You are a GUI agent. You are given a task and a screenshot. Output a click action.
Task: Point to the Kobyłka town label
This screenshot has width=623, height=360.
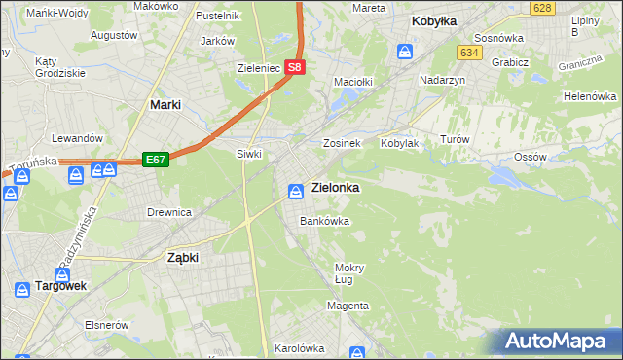(x=434, y=19)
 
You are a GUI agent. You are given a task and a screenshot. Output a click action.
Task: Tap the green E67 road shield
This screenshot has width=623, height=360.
(x=155, y=159)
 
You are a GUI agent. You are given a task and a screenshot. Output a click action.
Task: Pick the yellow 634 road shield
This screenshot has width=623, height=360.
(x=470, y=52)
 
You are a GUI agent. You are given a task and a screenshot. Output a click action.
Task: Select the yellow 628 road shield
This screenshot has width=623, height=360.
(x=543, y=8)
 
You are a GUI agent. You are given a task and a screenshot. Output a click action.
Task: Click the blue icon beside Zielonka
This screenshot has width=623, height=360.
(x=295, y=189)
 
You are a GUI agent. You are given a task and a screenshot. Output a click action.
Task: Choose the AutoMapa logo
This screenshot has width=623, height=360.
(x=559, y=341)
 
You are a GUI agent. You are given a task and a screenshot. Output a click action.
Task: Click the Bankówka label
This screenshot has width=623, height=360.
(x=324, y=221)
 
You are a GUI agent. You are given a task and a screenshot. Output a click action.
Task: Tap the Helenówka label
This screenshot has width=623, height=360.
(x=590, y=97)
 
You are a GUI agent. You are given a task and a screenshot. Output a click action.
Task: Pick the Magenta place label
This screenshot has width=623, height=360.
(x=348, y=306)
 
